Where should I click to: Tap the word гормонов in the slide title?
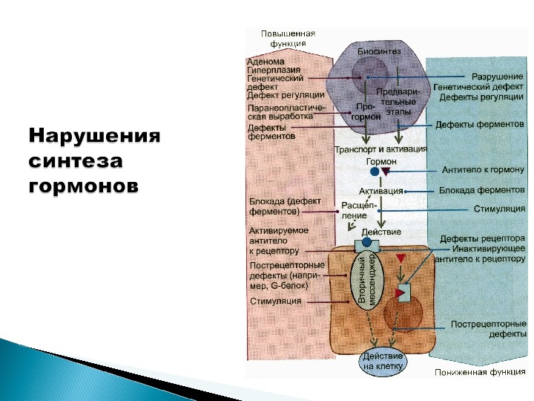pos(83,186)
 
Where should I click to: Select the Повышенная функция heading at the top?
pos(288,38)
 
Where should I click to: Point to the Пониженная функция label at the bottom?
pos(481,373)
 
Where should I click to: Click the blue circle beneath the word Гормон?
pos(375,172)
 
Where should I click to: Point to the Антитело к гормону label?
pos(483,170)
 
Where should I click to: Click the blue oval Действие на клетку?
pos(383,359)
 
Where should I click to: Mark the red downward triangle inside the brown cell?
pos(400,258)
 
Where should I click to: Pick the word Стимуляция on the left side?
pos(276,301)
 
